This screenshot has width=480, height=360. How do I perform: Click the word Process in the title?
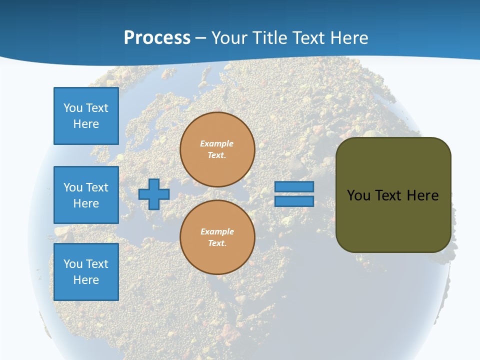tap(157, 38)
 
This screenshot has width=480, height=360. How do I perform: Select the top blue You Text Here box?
tap(86, 116)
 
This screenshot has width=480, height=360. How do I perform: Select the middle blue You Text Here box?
tap(86, 195)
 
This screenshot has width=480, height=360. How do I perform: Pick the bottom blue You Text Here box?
tap(86, 272)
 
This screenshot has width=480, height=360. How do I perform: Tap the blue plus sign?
tap(154, 194)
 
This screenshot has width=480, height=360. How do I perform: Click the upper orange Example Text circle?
tap(217, 149)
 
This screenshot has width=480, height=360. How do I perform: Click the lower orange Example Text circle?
tap(217, 237)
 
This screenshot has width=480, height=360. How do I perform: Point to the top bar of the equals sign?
tap(294, 186)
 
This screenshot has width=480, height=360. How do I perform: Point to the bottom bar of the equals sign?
tap(294, 201)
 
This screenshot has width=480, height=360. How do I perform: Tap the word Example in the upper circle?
tap(217, 143)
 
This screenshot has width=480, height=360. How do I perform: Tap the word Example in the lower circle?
tap(217, 231)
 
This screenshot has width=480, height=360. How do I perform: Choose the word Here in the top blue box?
tap(86, 124)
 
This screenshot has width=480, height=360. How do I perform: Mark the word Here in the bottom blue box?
tap(86, 280)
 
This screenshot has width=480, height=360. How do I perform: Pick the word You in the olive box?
tap(358, 195)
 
